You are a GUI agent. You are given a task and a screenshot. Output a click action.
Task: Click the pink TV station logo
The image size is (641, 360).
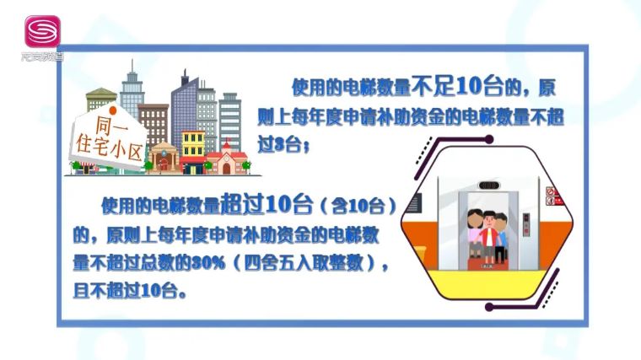click(x=42, y=31)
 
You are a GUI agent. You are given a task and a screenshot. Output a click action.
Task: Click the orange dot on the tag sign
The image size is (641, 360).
click(x=112, y=110)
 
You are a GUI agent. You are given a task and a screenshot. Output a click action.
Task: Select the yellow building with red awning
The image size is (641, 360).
click(x=192, y=152)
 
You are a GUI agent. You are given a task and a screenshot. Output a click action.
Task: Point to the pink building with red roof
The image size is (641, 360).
click(x=227, y=159)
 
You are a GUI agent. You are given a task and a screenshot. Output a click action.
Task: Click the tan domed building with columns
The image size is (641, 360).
click(x=164, y=159)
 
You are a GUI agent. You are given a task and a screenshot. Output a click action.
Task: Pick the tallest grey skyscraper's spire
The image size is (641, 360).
click(x=132, y=67)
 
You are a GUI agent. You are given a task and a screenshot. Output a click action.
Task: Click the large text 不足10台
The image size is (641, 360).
click(x=457, y=87)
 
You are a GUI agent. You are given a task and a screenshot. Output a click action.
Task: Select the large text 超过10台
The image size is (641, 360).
click(x=267, y=203)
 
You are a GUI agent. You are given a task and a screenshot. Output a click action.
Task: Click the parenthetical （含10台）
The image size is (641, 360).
click(x=358, y=206)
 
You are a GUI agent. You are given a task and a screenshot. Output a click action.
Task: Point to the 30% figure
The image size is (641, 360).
click(x=208, y=263)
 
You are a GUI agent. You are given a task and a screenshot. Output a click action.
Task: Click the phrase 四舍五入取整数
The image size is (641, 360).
click(x=304, y=263)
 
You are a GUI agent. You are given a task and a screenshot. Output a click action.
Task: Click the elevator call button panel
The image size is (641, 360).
click(x=526, y=224)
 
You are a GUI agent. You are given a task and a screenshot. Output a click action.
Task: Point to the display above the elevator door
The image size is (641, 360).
click(x=488, y=185)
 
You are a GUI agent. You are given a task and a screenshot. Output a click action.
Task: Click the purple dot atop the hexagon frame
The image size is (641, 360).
click(x=488, y=140)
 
